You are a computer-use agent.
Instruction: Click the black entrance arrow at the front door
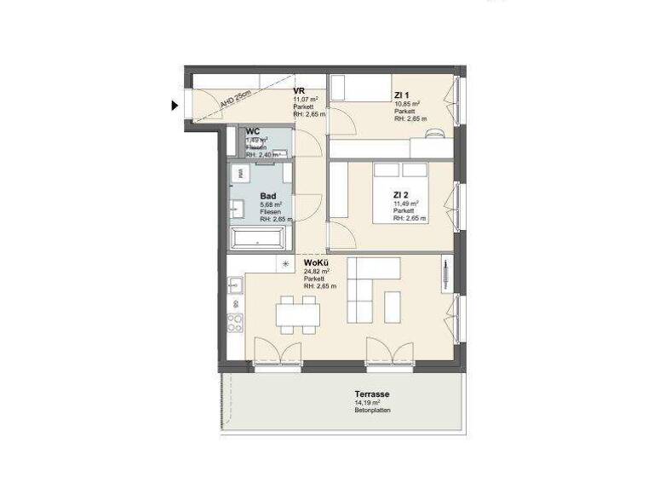pyautogui.click(x=175, y=106)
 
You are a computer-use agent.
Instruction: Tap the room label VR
pyautogui.click(x=299, y=91)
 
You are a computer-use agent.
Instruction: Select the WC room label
pyautogui.click(x=253, y=132)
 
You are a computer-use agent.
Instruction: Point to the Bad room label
pyautogui.click(x=267, y=195)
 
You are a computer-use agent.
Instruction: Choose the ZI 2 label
pyautogui.click(x=402, y=194)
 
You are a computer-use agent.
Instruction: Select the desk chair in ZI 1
pyautogui.click(x=435, y=133)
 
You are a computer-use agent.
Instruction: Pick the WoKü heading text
pyautogui.click(x=317, y=263)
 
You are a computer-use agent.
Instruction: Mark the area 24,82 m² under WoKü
pyautogui.click(x=317, y=272)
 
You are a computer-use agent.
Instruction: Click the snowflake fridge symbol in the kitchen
pyautogui.click(x=285, y=264)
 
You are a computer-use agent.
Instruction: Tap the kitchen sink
pyautogui.click(x=236, y=286)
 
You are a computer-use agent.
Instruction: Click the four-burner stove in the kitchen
pyautogui.click(x=236, y=323)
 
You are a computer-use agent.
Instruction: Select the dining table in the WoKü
pyautogui.click(x=298, y=317)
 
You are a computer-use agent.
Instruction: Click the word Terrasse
pyautogui.click(x=373, y=394)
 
